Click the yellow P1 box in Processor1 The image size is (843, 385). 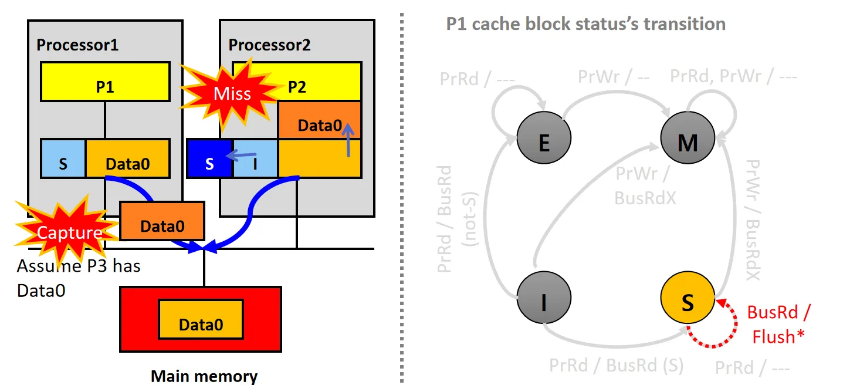(105, 82)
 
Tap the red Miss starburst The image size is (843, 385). (231, 94)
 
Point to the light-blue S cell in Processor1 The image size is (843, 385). (63, 158)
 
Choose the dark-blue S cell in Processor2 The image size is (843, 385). (209, 158)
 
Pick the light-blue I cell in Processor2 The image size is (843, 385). (255, 158)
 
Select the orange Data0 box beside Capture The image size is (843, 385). (162, 221)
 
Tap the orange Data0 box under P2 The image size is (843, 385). (319, 120)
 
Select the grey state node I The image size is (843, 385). (544, 302)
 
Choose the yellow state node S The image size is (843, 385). (688, 302)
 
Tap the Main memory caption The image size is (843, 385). (204, 376)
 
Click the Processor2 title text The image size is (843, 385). (269, 45)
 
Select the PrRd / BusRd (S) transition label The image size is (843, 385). (616, 366)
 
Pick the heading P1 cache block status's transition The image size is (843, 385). (585, 24)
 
